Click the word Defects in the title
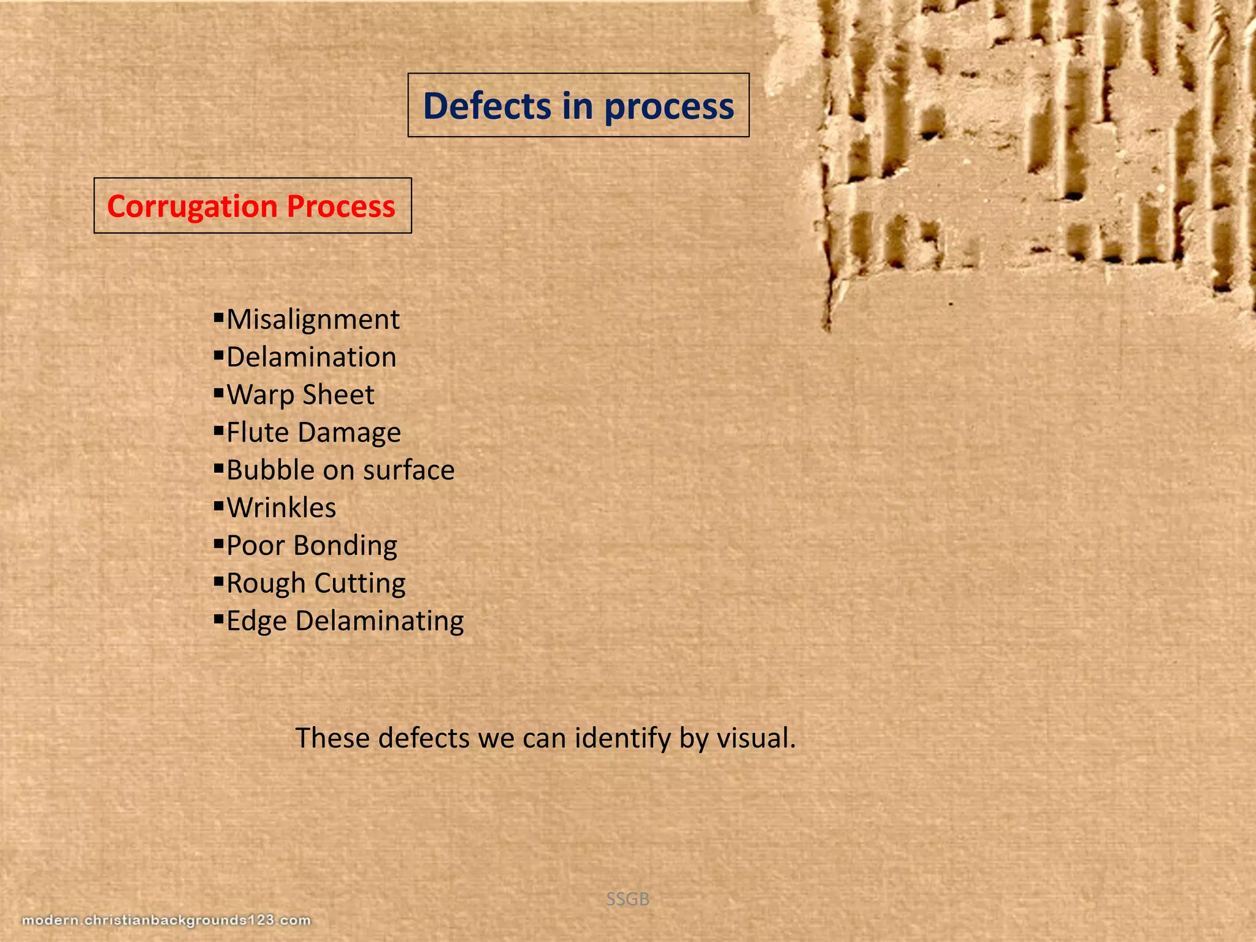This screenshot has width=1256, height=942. coord(488,106)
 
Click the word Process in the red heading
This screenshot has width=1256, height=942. coord(341,207)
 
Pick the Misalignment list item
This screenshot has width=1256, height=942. coord(313,320)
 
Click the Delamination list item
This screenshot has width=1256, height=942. coord(312,358)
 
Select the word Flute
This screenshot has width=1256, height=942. coord(258,432)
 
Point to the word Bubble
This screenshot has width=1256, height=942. coord(270,470)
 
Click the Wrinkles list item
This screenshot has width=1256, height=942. coord(281,508)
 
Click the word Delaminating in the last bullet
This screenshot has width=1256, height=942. coord(380,621)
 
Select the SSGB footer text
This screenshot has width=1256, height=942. coord(627,899)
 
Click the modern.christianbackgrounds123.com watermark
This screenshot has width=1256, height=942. coord(166,921)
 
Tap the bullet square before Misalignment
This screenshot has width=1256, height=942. coord(218,317)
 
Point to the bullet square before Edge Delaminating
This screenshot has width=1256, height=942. coord(218,619)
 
